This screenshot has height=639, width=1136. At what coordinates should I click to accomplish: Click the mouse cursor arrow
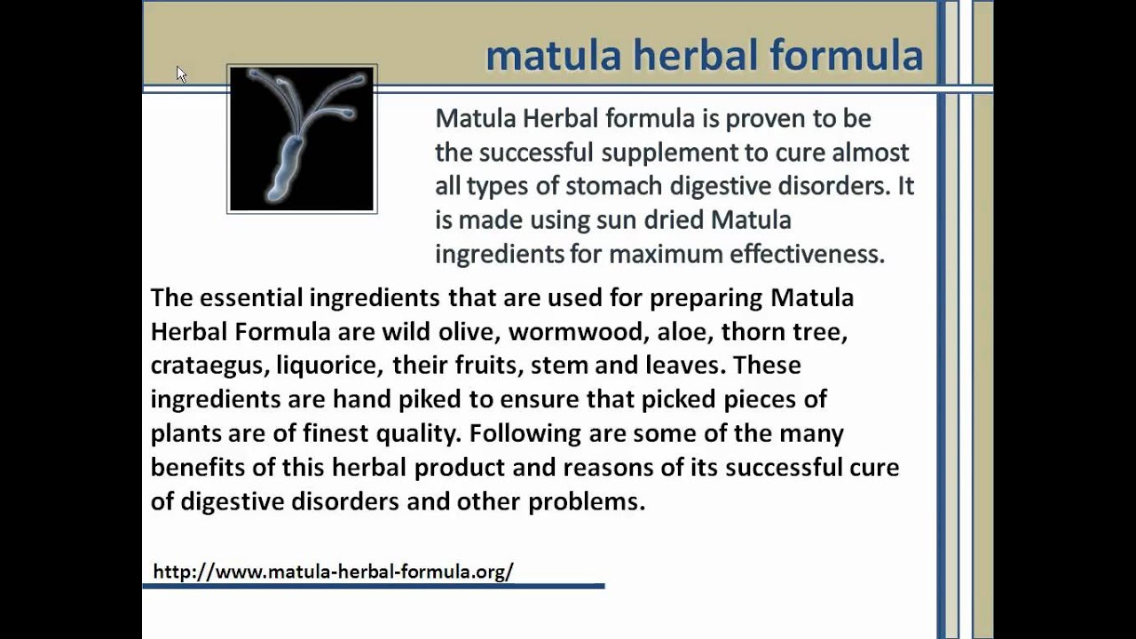pos(181,75)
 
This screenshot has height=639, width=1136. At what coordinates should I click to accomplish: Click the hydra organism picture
pos(302,138)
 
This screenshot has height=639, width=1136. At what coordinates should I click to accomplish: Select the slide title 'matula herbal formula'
pos(704,55)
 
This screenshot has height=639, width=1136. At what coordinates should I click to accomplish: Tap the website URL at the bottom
pos(333,572)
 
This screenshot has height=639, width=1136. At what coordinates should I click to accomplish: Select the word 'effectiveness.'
pos(807,254)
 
